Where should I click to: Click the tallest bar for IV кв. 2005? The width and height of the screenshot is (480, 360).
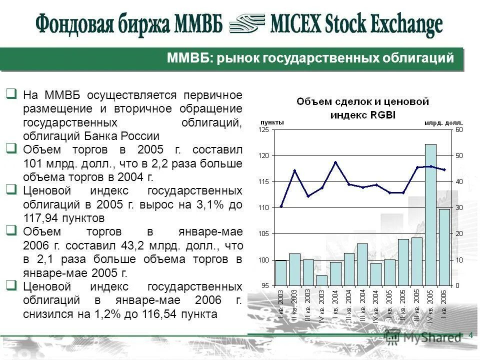[430, 215]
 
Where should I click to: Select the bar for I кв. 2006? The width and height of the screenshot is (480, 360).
[444, 247]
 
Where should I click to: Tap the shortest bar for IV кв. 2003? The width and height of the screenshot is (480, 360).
[322, 280]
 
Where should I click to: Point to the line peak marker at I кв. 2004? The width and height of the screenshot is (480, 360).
[335, 162]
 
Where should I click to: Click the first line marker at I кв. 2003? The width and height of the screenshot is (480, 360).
[281, 206]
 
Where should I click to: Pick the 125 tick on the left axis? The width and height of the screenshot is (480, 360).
[263, 130]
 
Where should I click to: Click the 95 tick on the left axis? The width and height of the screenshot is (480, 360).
[264, 285]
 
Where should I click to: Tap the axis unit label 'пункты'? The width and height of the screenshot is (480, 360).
[271, 122]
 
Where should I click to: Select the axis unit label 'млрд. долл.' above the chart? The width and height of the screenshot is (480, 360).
[443, 122]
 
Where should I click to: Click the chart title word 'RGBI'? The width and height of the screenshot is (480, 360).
[383, 114]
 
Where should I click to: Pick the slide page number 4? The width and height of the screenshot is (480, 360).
[470, 335]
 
